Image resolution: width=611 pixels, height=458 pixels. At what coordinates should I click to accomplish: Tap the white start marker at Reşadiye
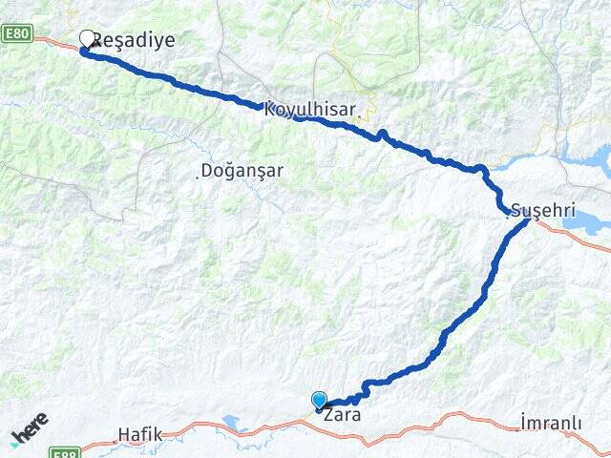click(89, 39)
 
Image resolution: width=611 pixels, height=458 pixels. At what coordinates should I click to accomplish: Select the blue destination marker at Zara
click(319, 402)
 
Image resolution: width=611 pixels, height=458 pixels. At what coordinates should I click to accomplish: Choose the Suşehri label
click(544, 210)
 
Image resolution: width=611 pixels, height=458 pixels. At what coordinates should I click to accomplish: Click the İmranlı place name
click(554, 421)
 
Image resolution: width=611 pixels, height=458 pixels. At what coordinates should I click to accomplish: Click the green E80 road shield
click(16, 33)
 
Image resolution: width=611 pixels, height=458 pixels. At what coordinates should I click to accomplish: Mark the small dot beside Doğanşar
click(199, 174)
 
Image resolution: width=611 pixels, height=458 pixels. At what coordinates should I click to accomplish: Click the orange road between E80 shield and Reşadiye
click(62, 41)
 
